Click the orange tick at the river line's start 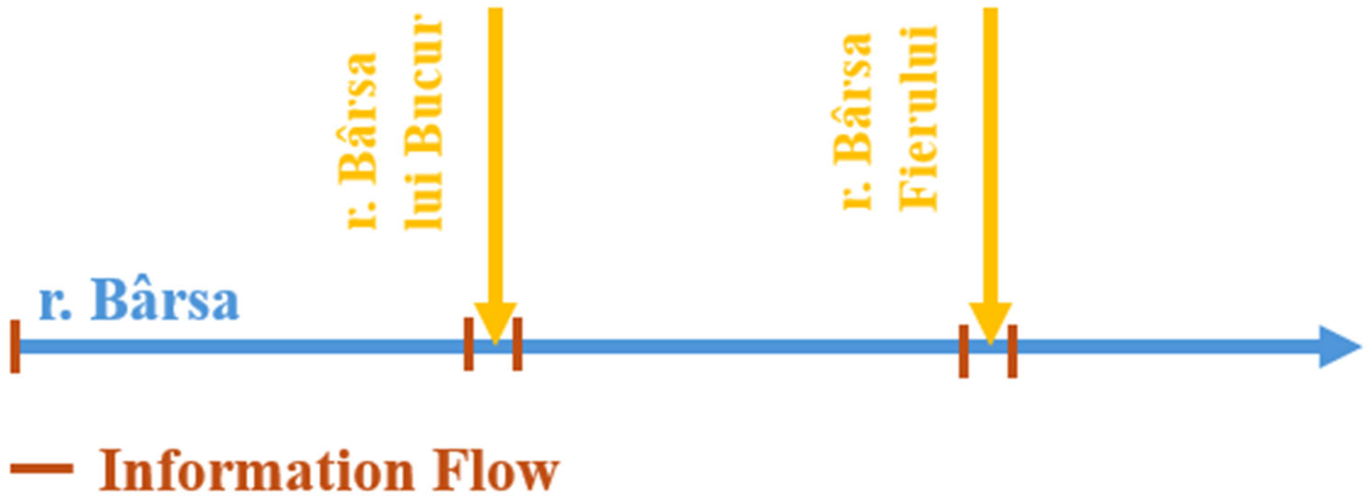tap(15, 346)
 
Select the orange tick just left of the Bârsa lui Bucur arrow tap(468, 344)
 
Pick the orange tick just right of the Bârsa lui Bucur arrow tap(517, 344)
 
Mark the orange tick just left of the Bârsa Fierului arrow tap(963, 351)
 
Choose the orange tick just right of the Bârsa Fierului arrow tap(1013, 351)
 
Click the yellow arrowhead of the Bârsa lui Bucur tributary tap(495, 321)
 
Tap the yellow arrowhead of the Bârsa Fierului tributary tap(990, 321)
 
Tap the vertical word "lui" tap(423, 201)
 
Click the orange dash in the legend tap(42, 468)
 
